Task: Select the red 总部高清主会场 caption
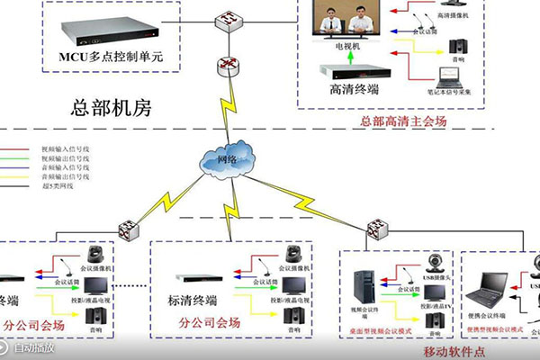(x=402, y=120)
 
